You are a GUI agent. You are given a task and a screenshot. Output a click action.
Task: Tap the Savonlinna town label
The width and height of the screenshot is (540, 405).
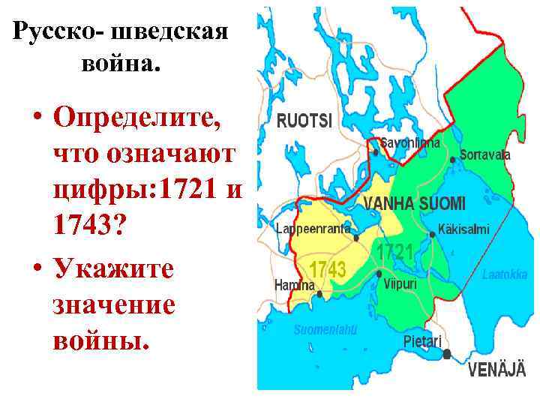[410, 141]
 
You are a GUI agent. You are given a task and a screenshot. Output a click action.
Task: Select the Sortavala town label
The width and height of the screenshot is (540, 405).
[484, 155]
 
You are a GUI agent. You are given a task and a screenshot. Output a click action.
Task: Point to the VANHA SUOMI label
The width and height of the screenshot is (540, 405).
[415, 203]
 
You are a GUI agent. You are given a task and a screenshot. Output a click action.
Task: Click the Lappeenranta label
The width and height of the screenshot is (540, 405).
[313, 228]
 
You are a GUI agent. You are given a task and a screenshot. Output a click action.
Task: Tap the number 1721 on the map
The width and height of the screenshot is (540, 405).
[395, 252]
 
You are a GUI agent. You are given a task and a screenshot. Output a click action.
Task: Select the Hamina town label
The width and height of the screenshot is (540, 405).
[295, 285]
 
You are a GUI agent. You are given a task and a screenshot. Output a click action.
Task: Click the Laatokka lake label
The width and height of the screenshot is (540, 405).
[505, 274]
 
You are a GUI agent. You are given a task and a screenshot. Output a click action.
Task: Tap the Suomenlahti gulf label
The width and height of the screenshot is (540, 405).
[325, 329]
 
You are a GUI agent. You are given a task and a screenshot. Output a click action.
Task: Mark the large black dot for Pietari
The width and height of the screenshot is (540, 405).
[447, 354]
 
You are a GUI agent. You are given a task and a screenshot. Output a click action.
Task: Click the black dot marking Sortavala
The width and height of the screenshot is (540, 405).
[453, 160]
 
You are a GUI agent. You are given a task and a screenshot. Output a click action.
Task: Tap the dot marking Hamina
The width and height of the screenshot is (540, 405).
[320, 294]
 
